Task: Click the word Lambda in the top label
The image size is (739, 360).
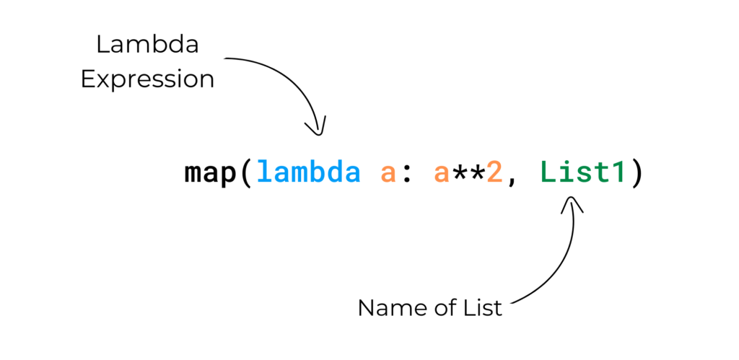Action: [147, 45]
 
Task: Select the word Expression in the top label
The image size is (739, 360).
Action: [147, 79]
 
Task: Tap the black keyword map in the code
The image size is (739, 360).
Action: [210, 173]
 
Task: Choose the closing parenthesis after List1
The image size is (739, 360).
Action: [637, 172]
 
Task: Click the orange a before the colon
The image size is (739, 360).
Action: [388, 174]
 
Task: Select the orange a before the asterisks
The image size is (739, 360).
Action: [441, 174]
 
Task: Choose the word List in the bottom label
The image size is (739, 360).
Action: [482, 308]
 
